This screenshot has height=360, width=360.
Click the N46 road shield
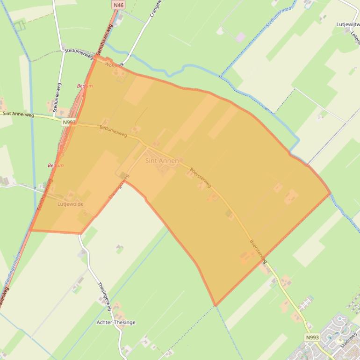tap(119, 5)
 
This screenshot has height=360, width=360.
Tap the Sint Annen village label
tap(162, 161)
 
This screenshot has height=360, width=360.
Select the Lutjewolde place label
tap(70, 204)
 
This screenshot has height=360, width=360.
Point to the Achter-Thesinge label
tap(116, 323)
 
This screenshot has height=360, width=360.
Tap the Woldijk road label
tap(114, 65)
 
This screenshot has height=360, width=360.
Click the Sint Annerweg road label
tap(18, 114)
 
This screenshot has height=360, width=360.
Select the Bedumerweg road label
tap(113, 131)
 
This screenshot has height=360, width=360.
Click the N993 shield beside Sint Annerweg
tap(68, 122)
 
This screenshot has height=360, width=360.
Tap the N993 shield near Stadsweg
tap(312, 337)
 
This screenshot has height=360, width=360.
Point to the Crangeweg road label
tap(155, 8)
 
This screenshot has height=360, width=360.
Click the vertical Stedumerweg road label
tap(57, 98)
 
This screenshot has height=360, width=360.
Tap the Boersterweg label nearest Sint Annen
tap(200, 178)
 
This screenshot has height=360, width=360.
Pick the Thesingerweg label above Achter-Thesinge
tap(104, 296)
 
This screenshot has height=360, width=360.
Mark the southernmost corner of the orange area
tap(215, 306)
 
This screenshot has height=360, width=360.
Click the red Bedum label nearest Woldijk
tap(85, 86)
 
